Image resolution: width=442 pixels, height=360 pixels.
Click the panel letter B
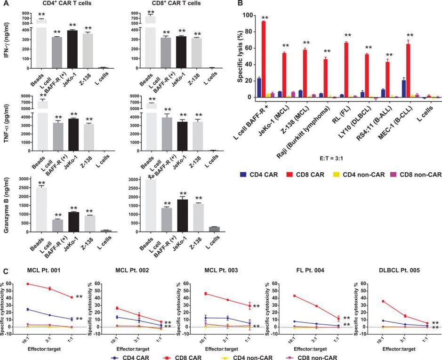241,4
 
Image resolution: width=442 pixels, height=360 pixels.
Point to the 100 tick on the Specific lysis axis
245,15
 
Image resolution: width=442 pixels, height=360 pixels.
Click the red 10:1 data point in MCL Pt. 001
28,284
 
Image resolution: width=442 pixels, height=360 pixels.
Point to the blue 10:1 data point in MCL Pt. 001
28,309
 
